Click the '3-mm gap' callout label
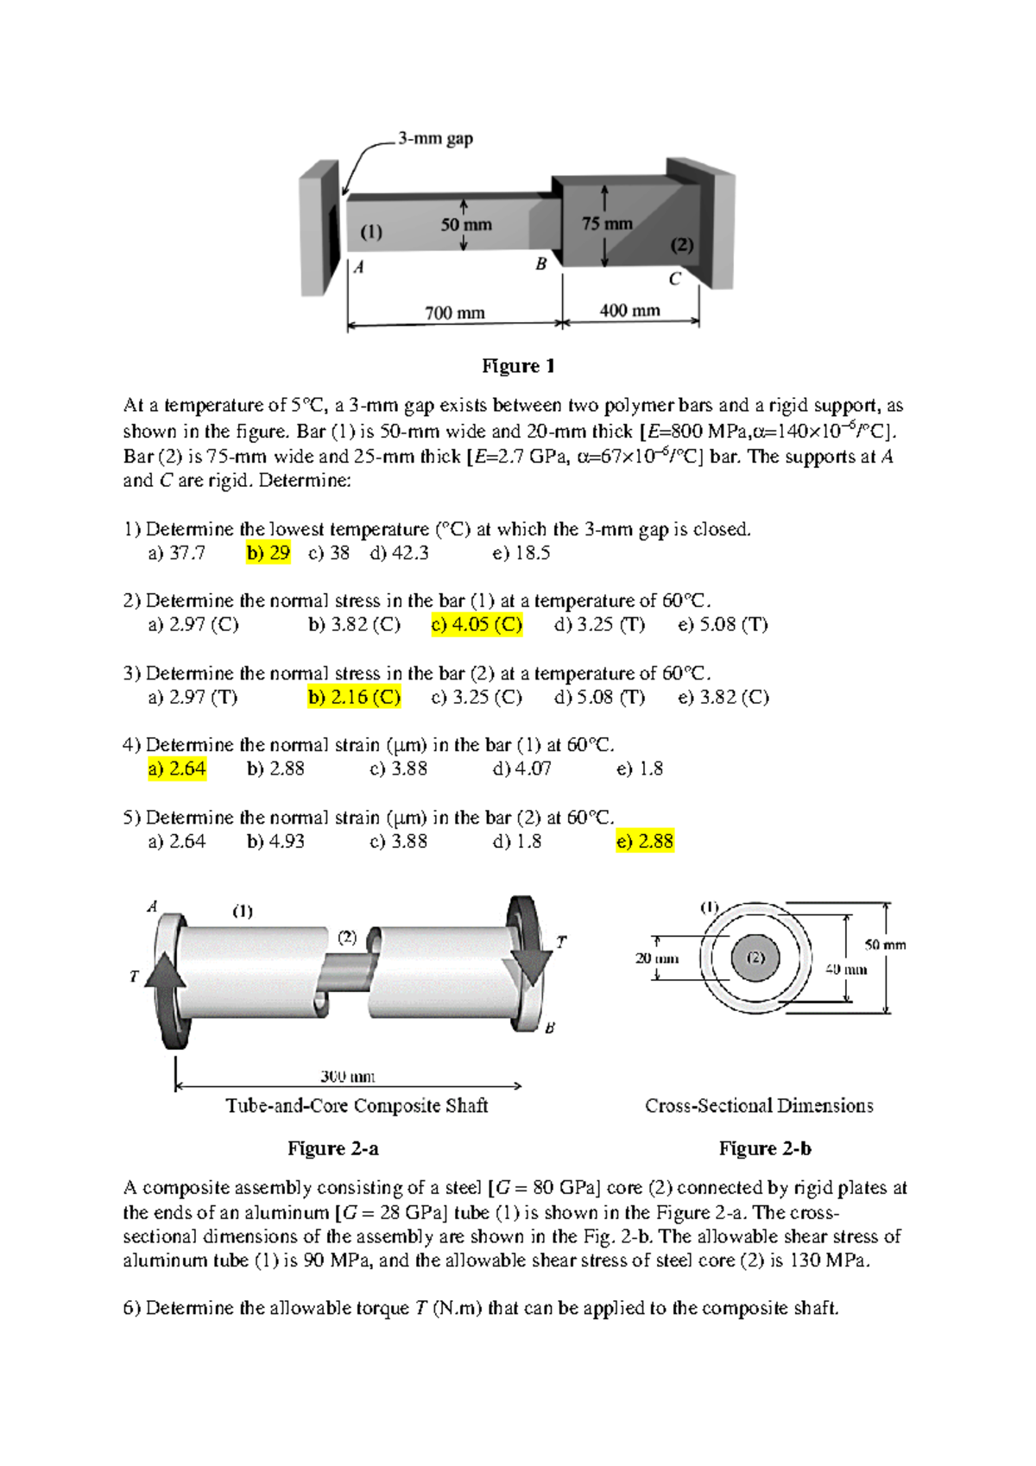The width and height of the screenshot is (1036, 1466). pos(435,138)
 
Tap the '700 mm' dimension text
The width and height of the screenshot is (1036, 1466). pos(454,313)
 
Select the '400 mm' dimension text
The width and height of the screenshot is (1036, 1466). pos(629,310)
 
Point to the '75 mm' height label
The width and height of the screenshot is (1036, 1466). pos(607,224)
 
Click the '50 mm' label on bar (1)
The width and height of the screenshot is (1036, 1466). pos(466,224)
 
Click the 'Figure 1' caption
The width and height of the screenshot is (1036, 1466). pos(518,366)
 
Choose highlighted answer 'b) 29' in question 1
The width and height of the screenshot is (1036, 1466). pos(268,553)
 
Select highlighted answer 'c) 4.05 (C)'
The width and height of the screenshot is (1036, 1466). pos(477,624)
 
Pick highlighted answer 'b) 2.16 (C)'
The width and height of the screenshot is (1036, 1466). pos(354,697)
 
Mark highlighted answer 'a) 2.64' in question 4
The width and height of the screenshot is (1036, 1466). pos(177,768)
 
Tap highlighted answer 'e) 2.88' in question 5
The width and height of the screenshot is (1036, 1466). pos(645,841)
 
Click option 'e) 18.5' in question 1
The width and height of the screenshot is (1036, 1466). pos(521,553)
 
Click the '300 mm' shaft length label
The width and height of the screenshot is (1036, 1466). pos(347,1076)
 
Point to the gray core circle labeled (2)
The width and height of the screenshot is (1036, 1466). pos(755,957)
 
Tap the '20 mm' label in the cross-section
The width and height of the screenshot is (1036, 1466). pos(656,958)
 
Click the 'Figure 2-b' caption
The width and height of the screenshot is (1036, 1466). pos(765,1148)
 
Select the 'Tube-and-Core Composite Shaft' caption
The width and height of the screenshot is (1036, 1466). pos(357,1106)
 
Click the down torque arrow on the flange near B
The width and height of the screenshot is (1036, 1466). pos(530,958)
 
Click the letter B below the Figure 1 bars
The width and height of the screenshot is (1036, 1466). pos(541,263)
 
